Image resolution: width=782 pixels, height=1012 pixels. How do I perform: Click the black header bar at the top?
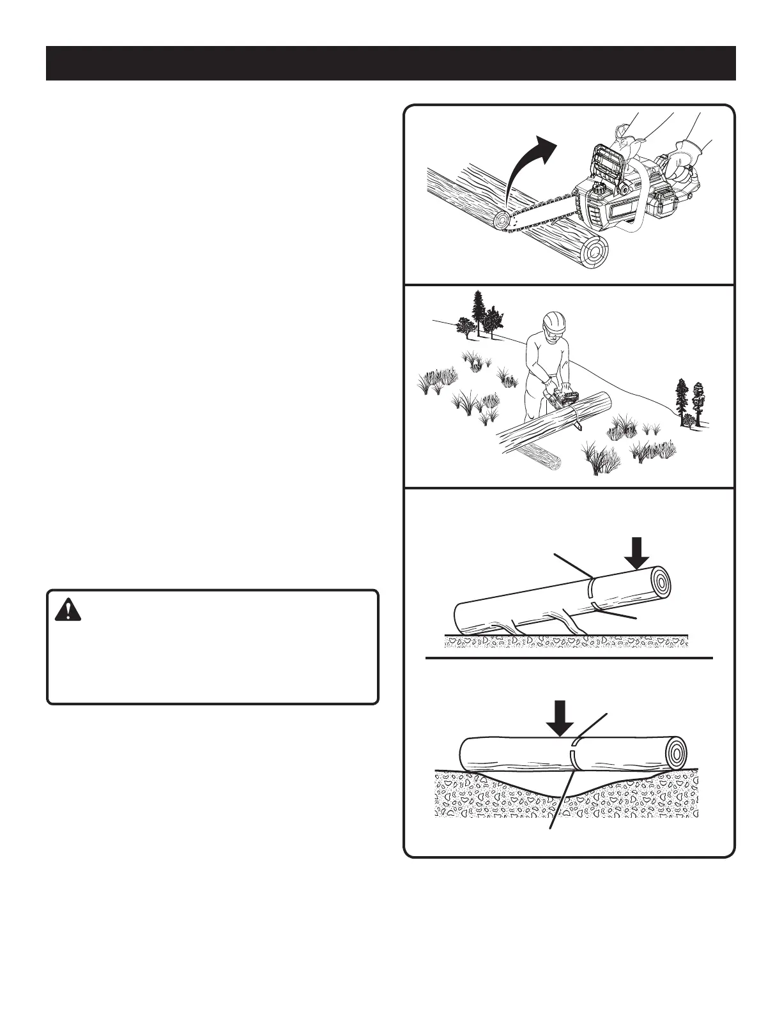point(390,63)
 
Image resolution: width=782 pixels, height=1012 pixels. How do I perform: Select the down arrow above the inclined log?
point(636,553)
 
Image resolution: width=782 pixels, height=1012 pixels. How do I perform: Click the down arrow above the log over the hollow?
point(560,719)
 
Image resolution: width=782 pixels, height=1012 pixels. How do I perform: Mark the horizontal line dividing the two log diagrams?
point(569,657)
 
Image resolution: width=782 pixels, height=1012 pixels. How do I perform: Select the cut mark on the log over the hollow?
point(574,754)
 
